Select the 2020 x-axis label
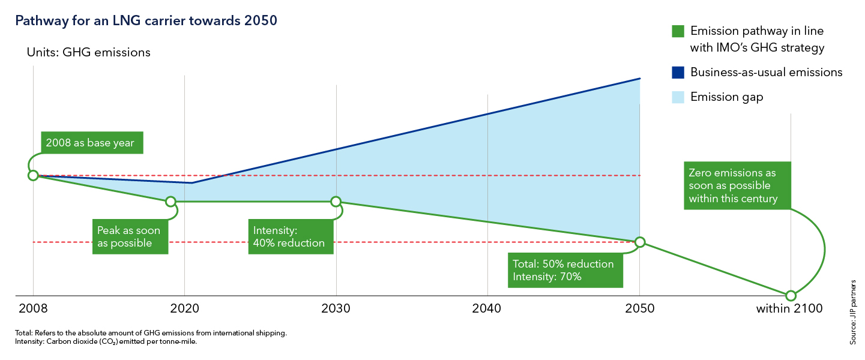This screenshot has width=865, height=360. pyautogui.click(x=184, y=309)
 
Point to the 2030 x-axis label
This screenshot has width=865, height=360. pyautogui.click(x=336, y=309)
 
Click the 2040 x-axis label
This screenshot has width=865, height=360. pyautogui.click(x=487, y=309)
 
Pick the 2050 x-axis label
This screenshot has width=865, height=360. pyautogui.click(x=639, y=309)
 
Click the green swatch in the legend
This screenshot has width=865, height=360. pyautogui.click(x=678, y=31)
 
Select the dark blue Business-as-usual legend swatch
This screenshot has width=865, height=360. pyautogui.click(x=678, y=73)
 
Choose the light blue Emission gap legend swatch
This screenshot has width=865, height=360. pyautogui.click(x=678, y=97)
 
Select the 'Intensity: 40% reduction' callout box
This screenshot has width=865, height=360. pyautogui.click(x=290, y=237)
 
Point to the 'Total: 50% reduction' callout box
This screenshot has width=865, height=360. pyautogui.click(x=563, y=270)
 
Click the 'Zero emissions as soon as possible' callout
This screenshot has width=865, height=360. pyautogui.click(x=736, y=186)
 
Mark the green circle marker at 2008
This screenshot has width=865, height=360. pyautogui.click(x=33, y=175)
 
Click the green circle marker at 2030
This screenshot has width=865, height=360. pyautogui.click(x=336, y=202)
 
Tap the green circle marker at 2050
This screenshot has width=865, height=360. pyautogui.click(x=640, y=242)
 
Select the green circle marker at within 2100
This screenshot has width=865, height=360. pyautogui.click(x=791, y=295)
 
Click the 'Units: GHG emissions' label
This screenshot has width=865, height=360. pyautogui.click(x=88, y=52)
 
